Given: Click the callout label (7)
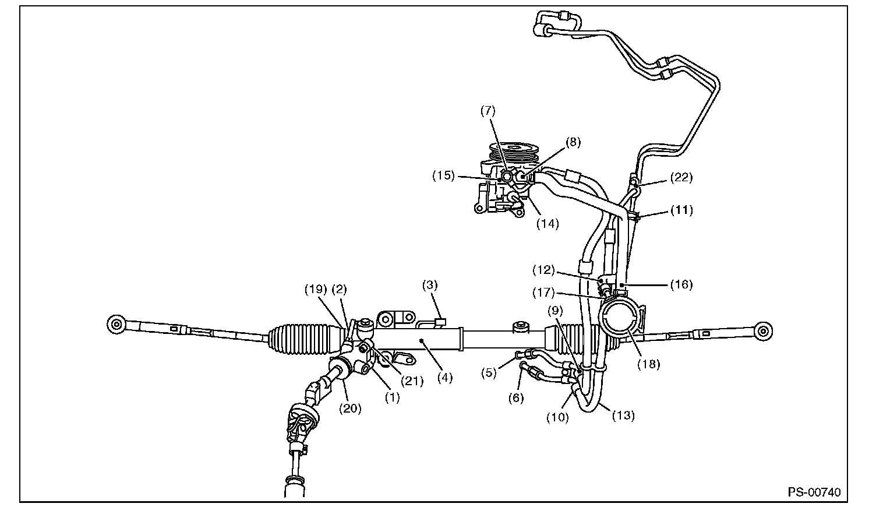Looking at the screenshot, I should (488, 111).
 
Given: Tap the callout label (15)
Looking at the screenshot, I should (443, 175).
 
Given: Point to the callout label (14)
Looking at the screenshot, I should (547, 223).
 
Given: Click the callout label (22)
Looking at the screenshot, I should (680, 177).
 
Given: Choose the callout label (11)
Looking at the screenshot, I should (681, 210).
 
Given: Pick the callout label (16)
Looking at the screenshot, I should (681, 284).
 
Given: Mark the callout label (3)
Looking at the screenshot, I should (430, 286).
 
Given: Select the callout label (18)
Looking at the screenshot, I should (648, 364).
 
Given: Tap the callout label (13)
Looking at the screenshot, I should (623, 416).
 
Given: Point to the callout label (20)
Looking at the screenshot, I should (350, 409).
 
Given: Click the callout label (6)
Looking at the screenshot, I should (515, 398).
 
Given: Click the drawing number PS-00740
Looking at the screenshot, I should (814, 492).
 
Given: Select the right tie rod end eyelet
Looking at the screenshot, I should (764, 330).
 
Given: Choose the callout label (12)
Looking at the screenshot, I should (543, 270).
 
